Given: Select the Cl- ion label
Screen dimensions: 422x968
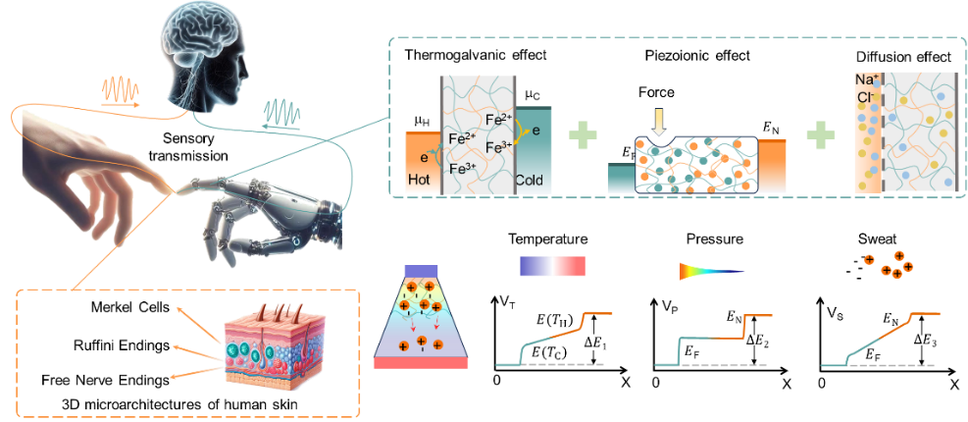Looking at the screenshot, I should coord(866,97).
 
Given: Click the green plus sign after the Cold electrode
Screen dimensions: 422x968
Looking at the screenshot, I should coord(584,134).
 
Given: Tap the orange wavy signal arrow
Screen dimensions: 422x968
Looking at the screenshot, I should coord(121,93).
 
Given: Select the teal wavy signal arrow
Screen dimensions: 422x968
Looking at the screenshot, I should coord(283,112).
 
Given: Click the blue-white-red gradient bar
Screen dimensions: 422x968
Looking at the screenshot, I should coord(552,266).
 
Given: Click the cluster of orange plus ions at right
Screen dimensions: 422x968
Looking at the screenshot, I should coord(890,265).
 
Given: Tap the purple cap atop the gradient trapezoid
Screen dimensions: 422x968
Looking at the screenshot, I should coord(421,271).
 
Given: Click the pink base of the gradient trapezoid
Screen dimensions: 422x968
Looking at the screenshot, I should coord(421,362).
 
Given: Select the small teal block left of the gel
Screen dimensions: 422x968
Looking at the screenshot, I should coord(620,178).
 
